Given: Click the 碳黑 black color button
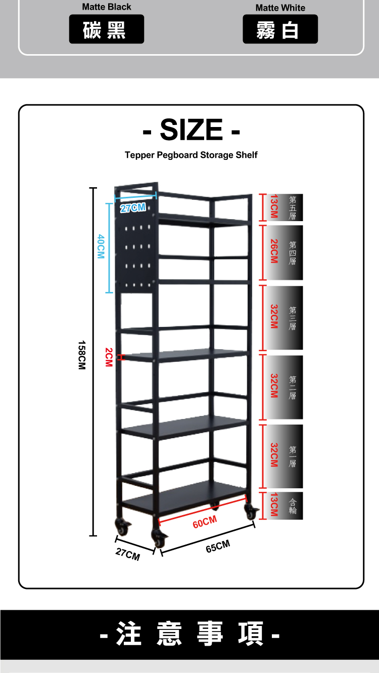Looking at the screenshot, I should [106, 29].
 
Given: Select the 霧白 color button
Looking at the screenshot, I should [280, 29].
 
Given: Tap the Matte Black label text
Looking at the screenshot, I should [106, 7].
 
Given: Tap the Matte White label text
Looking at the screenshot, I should [280, 8].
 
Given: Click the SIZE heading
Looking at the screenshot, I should [191, 130].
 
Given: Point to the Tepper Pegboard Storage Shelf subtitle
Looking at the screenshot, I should [191, 155].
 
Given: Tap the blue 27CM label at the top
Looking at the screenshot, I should [133, 208].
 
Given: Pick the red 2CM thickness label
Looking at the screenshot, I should [108, 357].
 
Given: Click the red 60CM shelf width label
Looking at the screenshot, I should [205, 521].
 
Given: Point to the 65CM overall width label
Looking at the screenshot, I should [218, 546].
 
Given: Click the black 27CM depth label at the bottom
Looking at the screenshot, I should [127, 555].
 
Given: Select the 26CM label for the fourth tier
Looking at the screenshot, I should [274, 251].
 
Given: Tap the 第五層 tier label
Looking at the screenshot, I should [293, 207].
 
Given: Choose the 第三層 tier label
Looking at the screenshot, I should [293, 318].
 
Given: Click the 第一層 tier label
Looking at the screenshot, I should [293, 456].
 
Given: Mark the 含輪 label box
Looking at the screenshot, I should [293, 506].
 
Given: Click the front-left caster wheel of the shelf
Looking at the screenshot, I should [158, 539].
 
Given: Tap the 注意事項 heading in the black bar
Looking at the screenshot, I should [189, 634].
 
